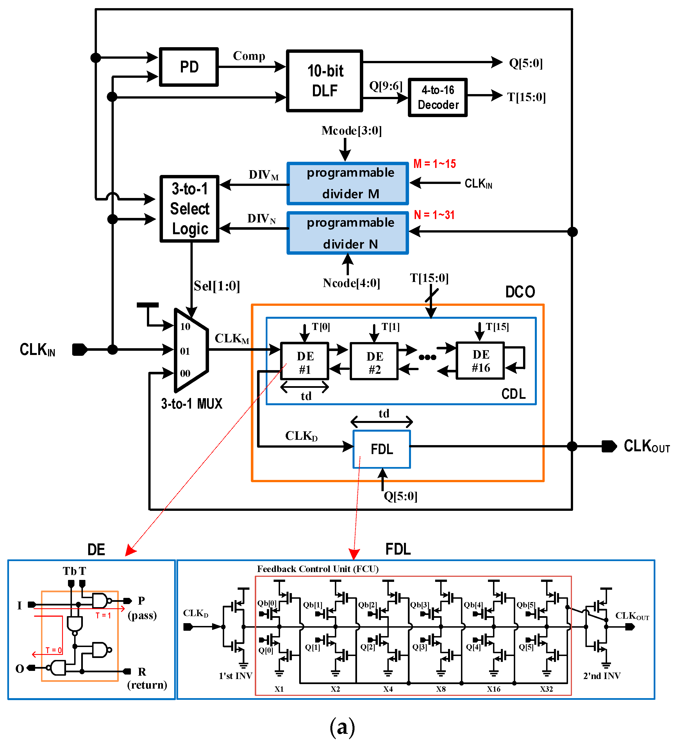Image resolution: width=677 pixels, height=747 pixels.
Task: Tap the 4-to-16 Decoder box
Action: coord(437,97)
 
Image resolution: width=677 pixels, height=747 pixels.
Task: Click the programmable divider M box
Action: coord(347,183)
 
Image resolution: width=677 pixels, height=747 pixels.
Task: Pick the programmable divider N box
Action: coord(347,233)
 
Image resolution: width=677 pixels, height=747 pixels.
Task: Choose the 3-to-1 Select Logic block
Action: coord(190,209)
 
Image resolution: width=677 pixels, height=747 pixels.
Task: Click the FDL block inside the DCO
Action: coord(382,449)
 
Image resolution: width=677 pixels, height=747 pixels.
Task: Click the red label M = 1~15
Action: coord(434,164)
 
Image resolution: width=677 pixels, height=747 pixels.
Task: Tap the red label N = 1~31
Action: coord(434,215)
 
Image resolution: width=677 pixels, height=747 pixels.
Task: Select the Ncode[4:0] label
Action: coord(351,283)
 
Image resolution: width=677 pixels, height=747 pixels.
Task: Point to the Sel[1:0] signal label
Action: coord(217,286)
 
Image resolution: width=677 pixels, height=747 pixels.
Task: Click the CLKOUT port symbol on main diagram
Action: coord(609,446)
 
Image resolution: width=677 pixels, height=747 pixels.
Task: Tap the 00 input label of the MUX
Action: coord(185,373)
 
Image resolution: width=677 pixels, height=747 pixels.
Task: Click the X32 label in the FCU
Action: coord(546,689)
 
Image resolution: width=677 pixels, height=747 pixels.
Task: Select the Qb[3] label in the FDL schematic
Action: coord(419,605)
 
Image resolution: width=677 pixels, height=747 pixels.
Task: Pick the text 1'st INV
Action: coord(235,676)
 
